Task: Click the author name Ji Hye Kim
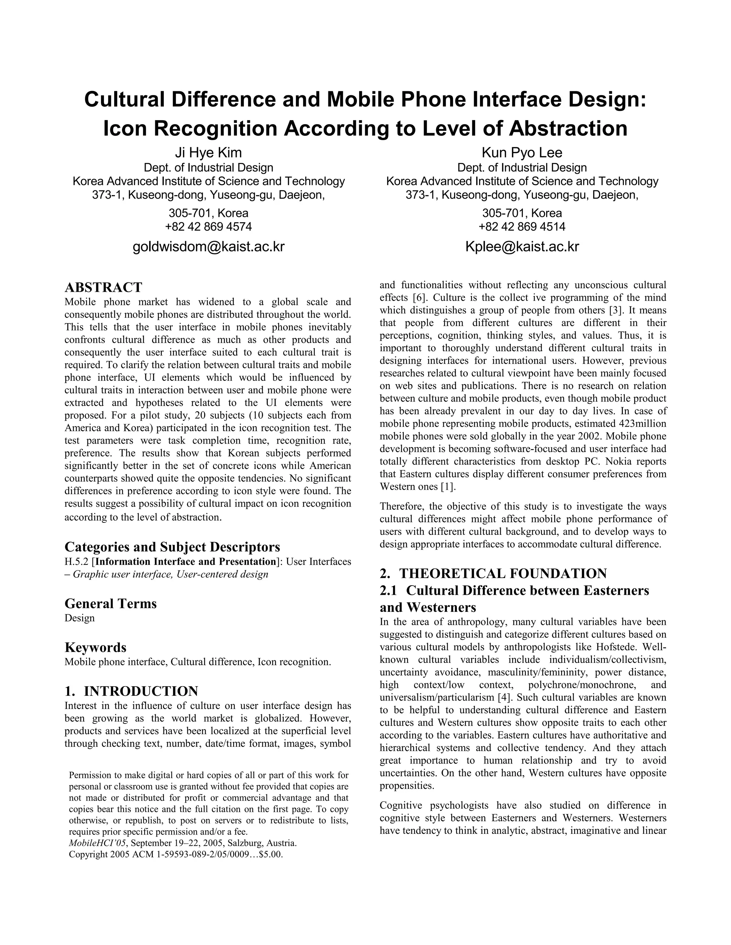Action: click(208, 153)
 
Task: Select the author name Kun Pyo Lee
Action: click(522, 153)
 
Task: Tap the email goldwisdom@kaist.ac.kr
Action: click(208, 247)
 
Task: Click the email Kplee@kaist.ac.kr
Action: click(522, 247)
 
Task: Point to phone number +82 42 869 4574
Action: click(208, 227)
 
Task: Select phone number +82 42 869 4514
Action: click(522, 227)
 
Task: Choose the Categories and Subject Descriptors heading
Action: click(172, 547)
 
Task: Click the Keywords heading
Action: click(95, 648)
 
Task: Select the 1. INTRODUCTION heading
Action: click(131, 691)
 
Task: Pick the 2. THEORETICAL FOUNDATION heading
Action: click(493, 574)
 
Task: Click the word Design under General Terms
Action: click(80, 618)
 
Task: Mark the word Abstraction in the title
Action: click(568, 128)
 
